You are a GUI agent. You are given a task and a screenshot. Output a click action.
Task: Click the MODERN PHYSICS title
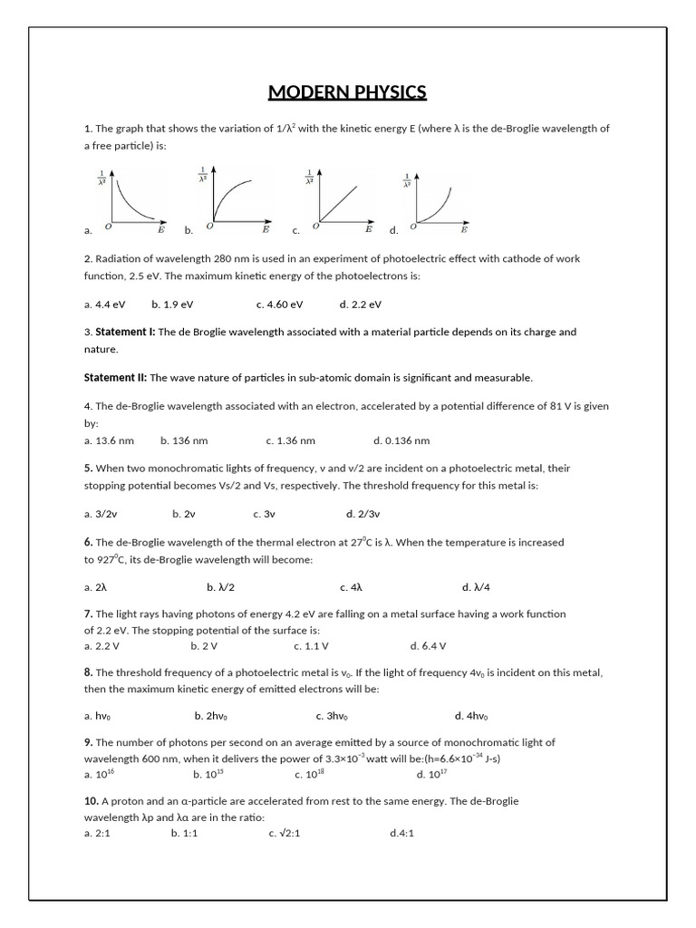347,92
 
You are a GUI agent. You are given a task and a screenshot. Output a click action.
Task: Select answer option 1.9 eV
172,304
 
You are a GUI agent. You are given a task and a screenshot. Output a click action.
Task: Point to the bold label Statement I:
125,332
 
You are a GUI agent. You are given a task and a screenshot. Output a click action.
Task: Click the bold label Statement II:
115,377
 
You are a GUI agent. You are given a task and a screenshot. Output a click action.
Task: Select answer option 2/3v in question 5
362,513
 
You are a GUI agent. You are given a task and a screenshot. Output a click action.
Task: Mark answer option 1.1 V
311,646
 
